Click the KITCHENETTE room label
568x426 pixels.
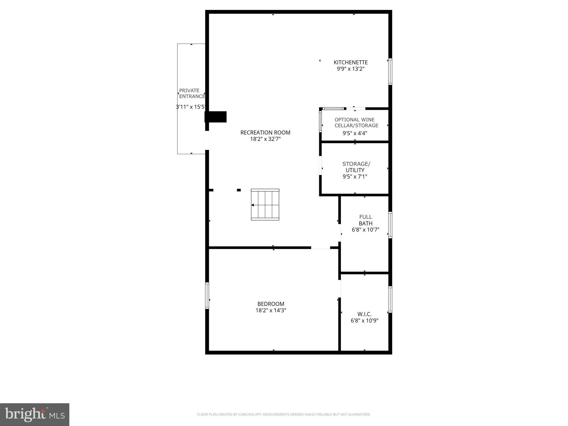click(x=351, y=62)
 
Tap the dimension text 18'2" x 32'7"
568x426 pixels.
click(x=265, y=139)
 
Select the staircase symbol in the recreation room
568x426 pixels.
click(x=265, y=205)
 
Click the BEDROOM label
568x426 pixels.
click(x=271, y=304)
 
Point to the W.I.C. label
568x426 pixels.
click(x=364, y=314)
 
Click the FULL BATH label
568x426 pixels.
click(x=365, y=220)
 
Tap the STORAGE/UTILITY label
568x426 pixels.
click(x=356, y=167)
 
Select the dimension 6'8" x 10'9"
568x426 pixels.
click(x=364, y=321)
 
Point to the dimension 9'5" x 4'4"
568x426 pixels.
click(x=355, y=133)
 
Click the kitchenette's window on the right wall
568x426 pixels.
click(x=390, y=72)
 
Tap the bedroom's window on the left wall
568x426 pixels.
click(x=207, y=295)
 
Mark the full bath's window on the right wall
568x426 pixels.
click(x=390, y=225)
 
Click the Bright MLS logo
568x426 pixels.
click(x=35, y=415)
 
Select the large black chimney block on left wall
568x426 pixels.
click(x=216, y=117)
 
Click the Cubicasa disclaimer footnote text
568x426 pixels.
click(x=284, y=415)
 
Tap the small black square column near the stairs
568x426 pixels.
click(x=239, y=190)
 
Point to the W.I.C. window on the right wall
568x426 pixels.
click(x=390, y=300)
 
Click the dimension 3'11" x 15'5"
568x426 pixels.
click(x=191, y=107)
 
